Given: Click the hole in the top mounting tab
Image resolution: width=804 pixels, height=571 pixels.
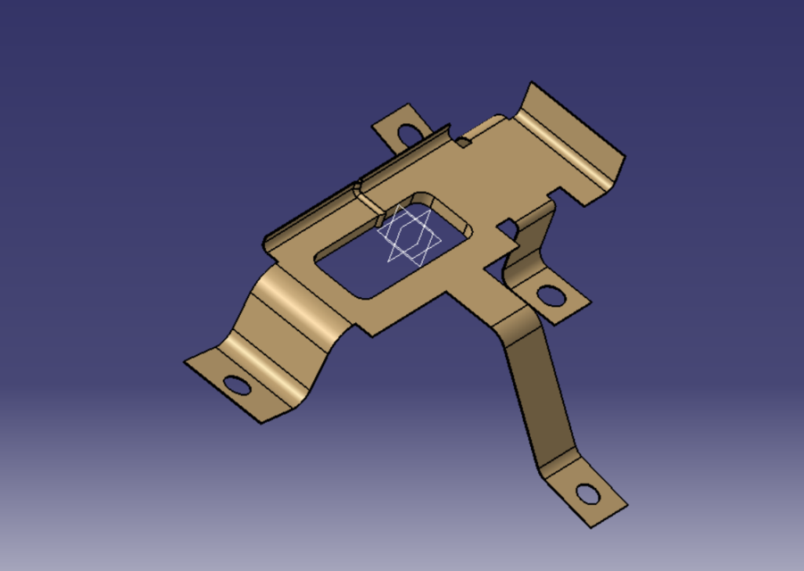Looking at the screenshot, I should [x=411, y=133].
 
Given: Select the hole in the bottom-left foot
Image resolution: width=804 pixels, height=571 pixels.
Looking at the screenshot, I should [x=236, y=385].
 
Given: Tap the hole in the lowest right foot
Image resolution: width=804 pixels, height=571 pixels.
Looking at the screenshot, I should [x=587, y=492].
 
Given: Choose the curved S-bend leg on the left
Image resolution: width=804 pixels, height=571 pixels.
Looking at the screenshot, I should [x=286, y=321].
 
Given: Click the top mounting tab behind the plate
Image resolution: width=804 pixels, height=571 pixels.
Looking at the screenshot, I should [x=397, y=129].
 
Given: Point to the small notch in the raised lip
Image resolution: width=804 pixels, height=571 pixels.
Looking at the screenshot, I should [x=357, y=188].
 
